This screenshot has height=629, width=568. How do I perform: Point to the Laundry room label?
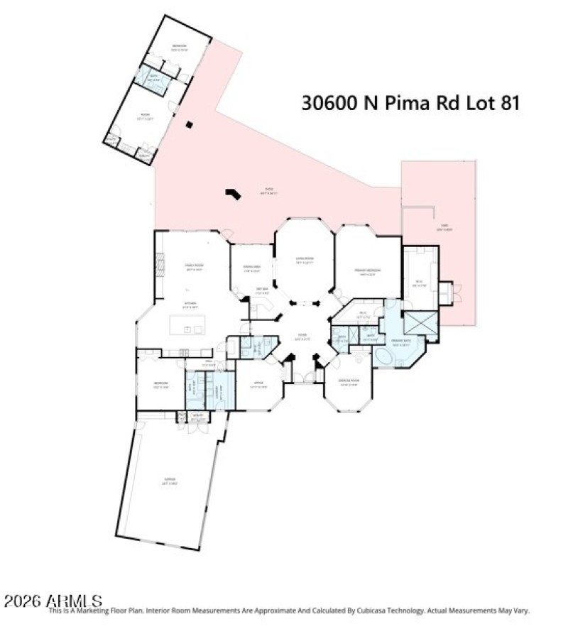coord(221,388)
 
